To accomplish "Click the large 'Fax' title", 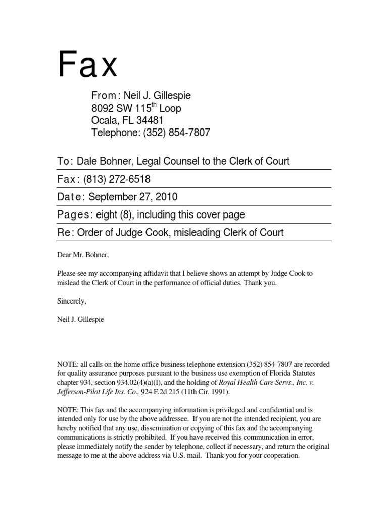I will [88, 65].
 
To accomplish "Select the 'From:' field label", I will [105, 96].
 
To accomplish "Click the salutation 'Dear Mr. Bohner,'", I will [81, 255].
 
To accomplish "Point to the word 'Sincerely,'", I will [72, 301].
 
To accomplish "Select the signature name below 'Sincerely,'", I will [80, 320].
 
